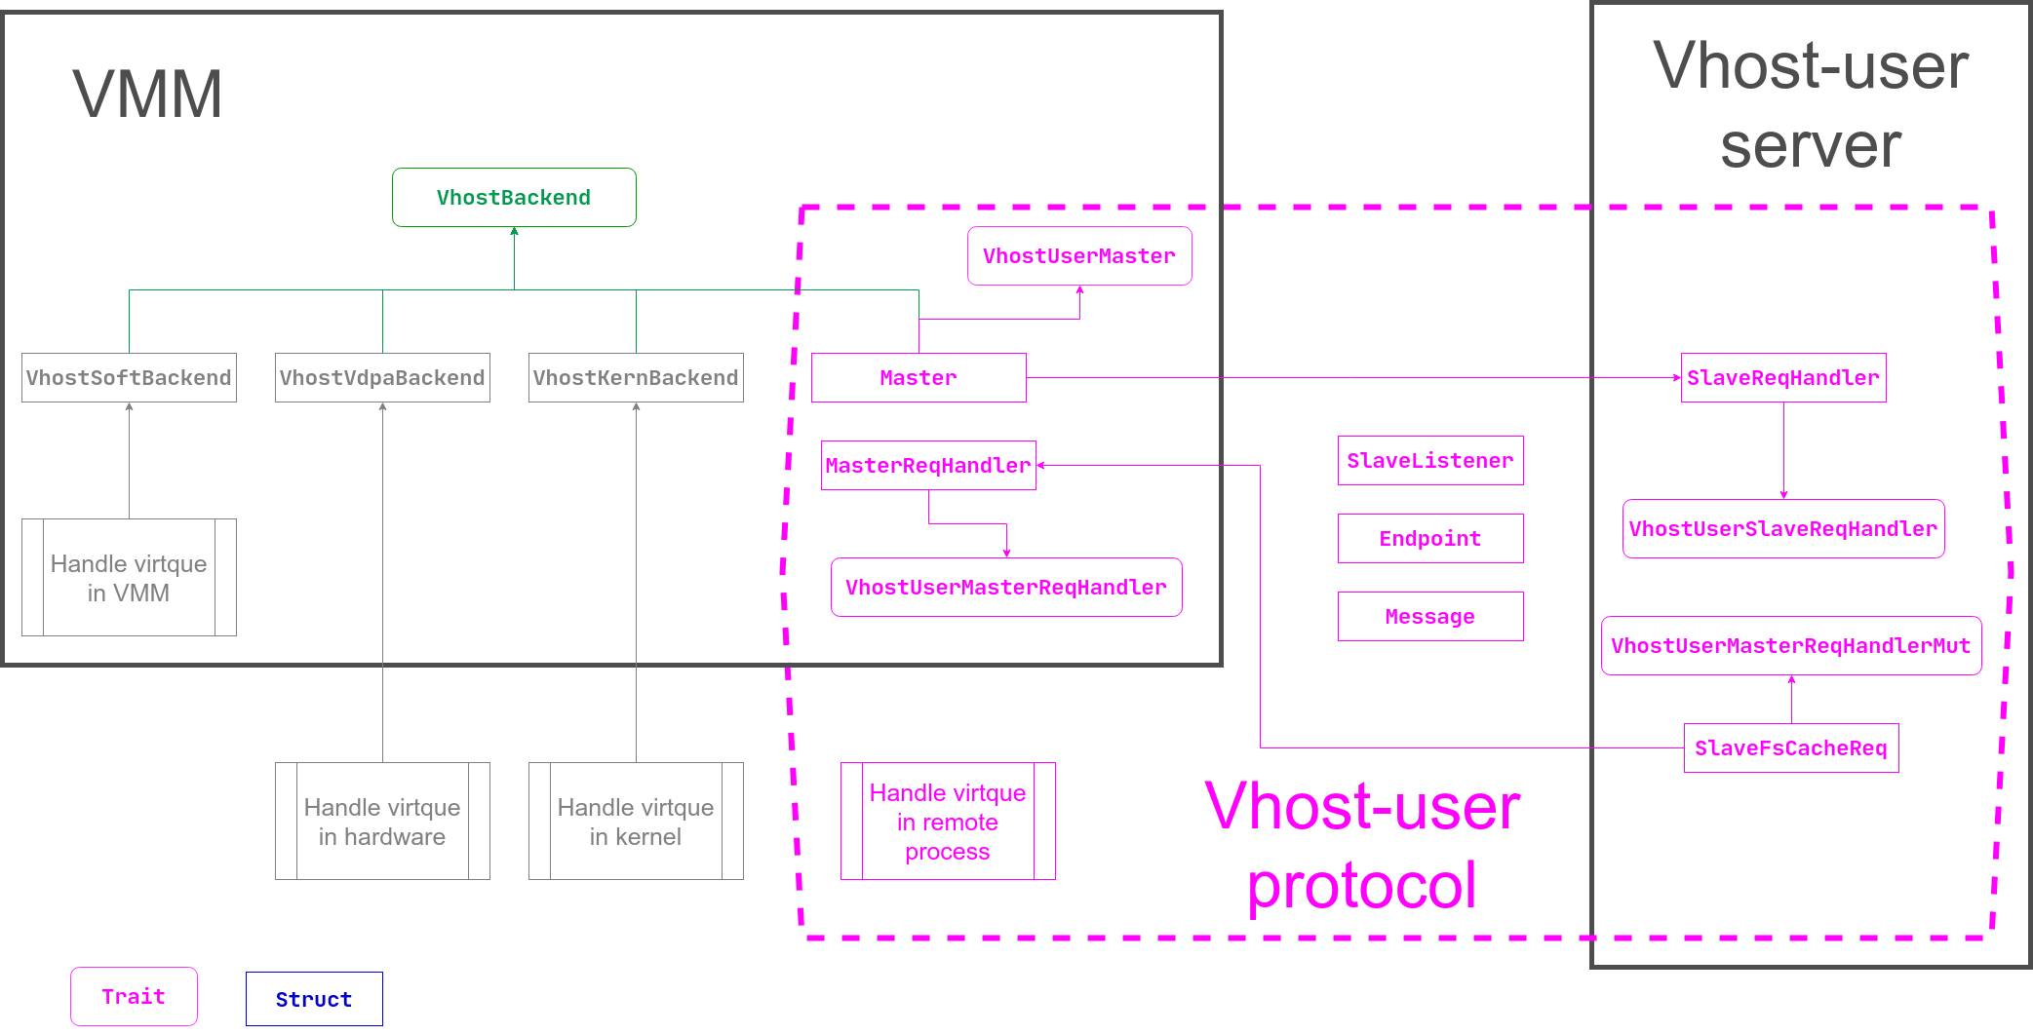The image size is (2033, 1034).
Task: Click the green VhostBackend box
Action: coord(514,198)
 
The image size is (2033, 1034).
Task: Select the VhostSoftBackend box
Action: coord(129,378)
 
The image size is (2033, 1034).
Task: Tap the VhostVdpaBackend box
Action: coord(382,378)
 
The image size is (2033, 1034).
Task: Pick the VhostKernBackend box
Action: coord(636,378)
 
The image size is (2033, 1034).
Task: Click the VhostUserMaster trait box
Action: coord(1079,256)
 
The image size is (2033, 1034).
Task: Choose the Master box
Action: coord(919,378)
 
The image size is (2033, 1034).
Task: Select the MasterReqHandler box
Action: coord(928,466)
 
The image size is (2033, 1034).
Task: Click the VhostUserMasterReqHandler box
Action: coord(1006,588)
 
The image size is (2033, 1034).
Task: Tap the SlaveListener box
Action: coord(1430,461)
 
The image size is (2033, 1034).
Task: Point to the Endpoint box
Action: coord(1430,539)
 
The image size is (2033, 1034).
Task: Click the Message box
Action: coord(1430,617)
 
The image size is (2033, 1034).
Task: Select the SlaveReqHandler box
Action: coord(1783,378)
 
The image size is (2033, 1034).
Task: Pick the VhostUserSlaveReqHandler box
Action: coord(1783,529)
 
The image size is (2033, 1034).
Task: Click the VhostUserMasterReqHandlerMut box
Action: coord(1791,646)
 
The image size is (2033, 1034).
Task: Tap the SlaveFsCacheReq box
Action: coord(1791,748)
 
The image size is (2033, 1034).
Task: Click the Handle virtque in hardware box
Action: coord(382,822)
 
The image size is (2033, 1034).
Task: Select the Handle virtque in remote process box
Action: coord(948,822)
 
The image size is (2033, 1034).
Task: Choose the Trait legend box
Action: coord(134,997)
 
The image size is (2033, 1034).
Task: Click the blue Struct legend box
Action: coord(314,999)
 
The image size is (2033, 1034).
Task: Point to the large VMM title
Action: coord(148,95)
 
